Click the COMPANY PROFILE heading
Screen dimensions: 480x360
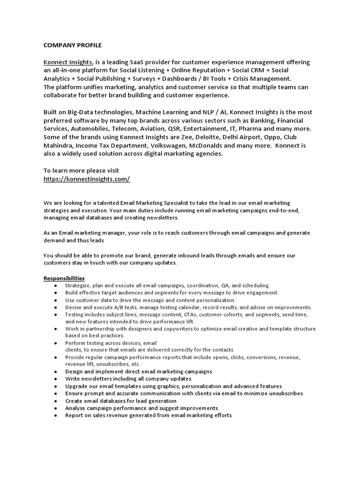[73, 45]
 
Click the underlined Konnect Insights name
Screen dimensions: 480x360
[68, 62]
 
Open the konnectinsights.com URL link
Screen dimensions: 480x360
[87, 179]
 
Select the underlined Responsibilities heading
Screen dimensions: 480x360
[64, 278]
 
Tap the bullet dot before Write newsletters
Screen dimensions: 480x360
[56, 378]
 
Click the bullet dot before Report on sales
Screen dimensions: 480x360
[56, 415]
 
